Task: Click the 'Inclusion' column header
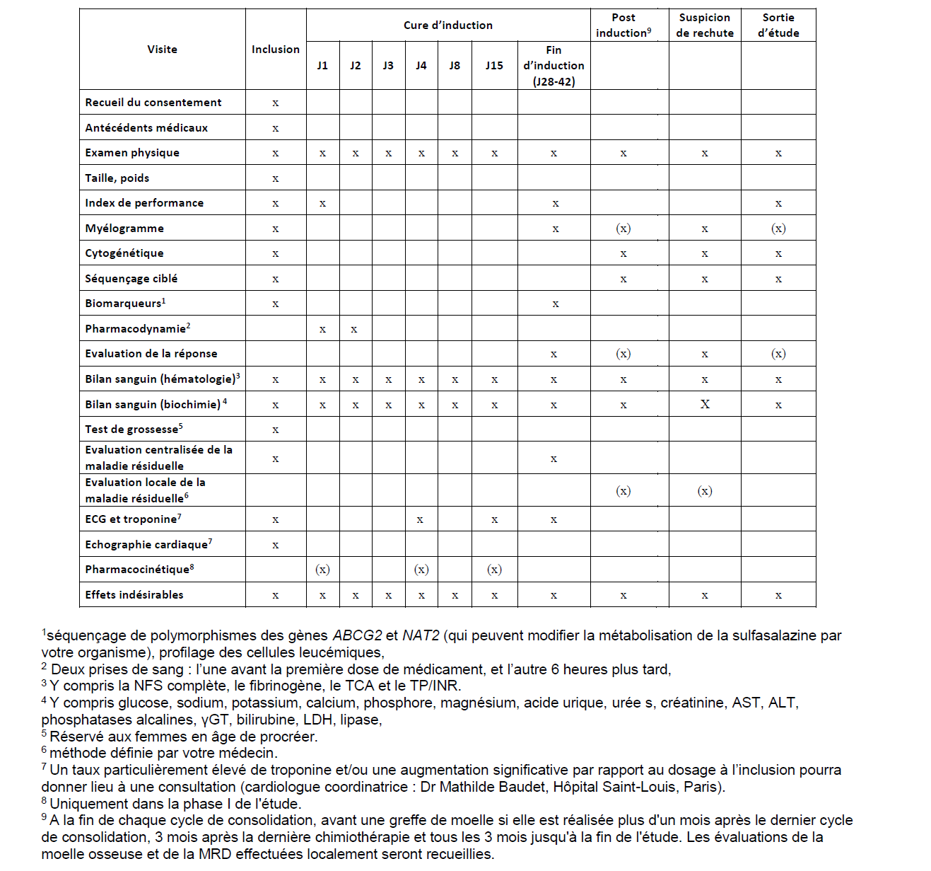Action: point(276,50)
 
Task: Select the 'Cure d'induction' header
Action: point(448,25)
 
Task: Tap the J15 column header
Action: point(494,66)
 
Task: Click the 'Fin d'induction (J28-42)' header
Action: point(554,66)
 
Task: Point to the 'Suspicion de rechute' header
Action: point(705,25)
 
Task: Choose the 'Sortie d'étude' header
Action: point(778,25)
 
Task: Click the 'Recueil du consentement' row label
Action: point(153,103)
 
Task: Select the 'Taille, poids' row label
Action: point(117,178)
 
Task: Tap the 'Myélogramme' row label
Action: point(124,229)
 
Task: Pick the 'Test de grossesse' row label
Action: point(132,429)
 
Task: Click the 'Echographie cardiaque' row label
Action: point(147,545)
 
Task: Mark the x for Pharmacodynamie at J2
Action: point(354,329)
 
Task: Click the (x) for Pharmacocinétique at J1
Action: point(322,570)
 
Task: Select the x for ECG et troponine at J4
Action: point(420,520)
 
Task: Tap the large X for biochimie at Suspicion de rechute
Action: point(705,405)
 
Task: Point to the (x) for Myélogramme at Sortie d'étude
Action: point(778,229)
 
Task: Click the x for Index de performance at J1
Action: point(322,204)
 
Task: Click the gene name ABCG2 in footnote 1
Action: point(358,635)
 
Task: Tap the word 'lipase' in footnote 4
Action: point(361,720)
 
